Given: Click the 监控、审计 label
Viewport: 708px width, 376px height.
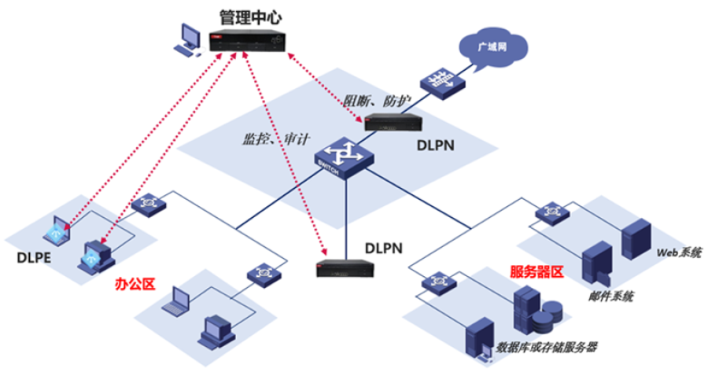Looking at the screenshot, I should (270, 139).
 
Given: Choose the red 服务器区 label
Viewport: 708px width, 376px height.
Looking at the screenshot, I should (537, 272).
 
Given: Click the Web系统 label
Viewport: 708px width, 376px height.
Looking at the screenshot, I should (679, 253).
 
